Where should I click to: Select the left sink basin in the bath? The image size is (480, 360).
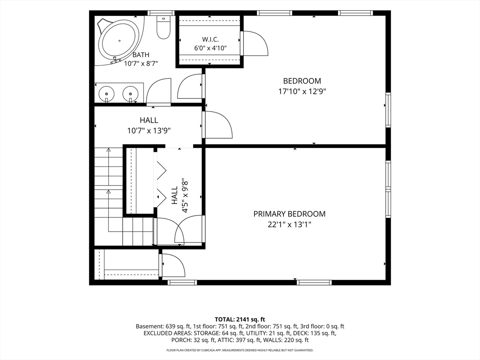106,93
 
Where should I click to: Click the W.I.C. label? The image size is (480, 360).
210,39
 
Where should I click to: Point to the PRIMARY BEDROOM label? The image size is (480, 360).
289,214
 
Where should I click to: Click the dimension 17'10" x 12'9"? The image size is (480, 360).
302,91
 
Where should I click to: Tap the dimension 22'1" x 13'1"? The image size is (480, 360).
289,225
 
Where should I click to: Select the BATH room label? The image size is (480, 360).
141,55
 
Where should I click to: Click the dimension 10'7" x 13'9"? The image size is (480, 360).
149,131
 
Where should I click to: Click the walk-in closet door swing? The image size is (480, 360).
255,43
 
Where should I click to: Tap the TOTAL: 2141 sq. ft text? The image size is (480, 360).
240,320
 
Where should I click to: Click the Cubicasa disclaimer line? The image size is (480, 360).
240,350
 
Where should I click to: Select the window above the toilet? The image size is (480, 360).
161,13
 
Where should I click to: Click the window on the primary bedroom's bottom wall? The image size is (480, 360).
315,283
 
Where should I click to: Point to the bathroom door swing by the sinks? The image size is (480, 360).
158,91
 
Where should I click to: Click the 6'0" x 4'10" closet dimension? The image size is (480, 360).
210,48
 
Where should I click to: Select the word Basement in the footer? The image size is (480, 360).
150,326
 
